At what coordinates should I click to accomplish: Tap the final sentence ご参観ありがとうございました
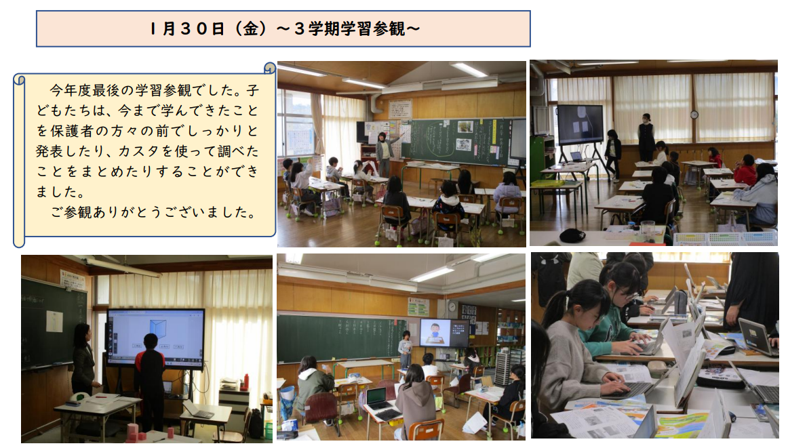(153, 212)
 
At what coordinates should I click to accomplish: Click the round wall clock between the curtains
(694, 115)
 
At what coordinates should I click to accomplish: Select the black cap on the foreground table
(572, 235)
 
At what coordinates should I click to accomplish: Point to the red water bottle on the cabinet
(245, 382)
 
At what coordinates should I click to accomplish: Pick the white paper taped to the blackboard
(54, 321)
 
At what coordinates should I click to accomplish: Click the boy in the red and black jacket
(150, 379)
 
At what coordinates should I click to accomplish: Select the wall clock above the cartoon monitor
(452, 307)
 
